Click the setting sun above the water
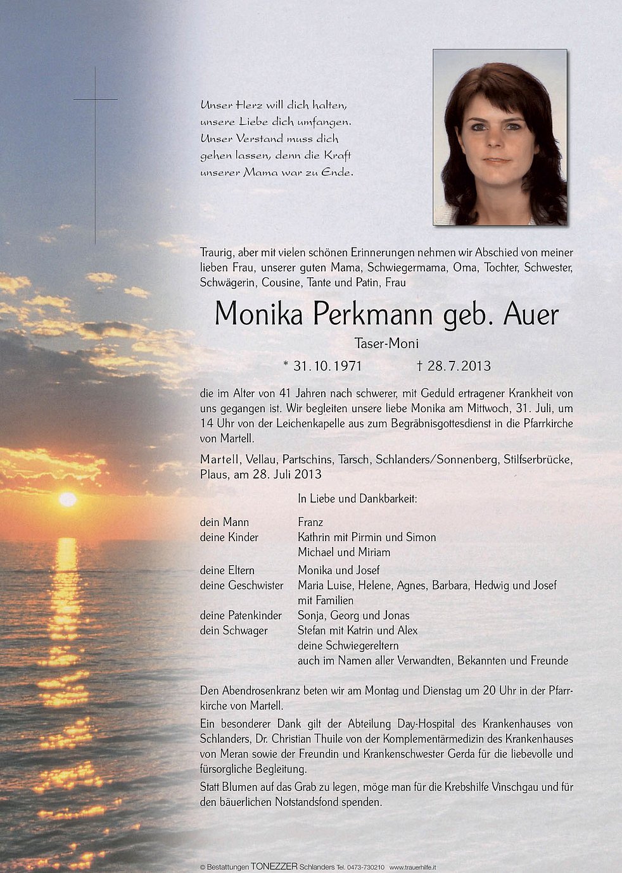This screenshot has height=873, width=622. click(68, 499)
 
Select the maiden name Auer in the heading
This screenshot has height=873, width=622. click(531, 313)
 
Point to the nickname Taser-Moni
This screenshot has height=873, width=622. click(386, 344)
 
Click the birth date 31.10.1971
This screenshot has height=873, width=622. click(322, 366)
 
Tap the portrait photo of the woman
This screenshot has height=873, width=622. click(500, 137)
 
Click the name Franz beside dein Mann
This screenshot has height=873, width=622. click(310, 522)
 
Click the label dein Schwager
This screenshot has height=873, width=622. click(234, 631)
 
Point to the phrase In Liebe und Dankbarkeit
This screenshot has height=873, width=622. click(357, 499)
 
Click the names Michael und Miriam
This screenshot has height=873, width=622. click(344, 552)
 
